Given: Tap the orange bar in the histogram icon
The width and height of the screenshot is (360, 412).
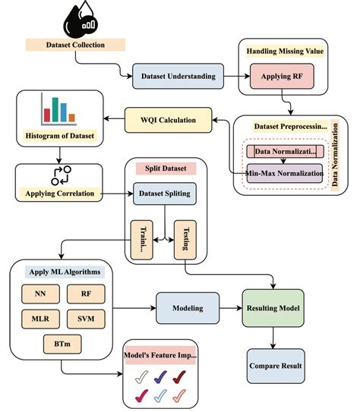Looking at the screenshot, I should (71, 118).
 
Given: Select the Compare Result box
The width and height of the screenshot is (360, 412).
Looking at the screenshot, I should (275, 366).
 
